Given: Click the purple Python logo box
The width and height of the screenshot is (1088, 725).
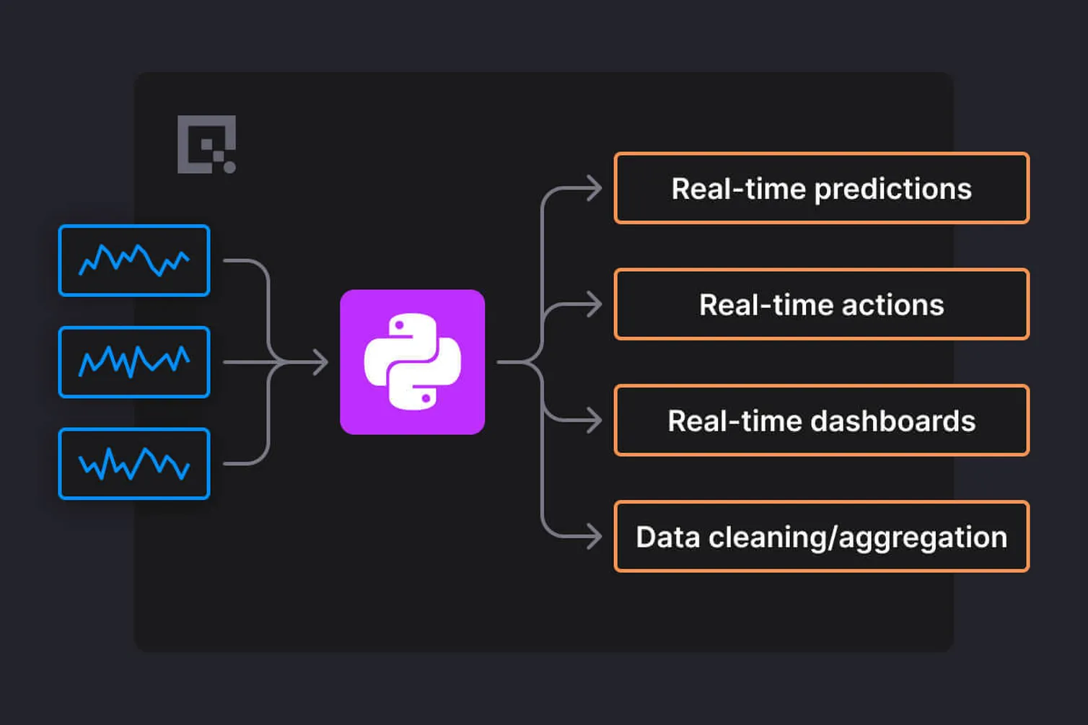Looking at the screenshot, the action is tap(413, 361).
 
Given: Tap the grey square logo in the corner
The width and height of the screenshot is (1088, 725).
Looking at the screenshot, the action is tap(207, 144).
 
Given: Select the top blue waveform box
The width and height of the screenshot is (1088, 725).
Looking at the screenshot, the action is tap(134, 260).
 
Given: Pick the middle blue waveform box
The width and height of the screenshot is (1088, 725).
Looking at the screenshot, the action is tap(134, 361).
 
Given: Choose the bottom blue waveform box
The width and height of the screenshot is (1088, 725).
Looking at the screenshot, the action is tap(134, 464).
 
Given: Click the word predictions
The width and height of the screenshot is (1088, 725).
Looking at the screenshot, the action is tap(893, 190).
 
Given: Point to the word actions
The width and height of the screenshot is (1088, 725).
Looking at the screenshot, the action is tap(892, 305).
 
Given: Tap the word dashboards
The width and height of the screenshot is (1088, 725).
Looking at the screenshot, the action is tap(893, 421).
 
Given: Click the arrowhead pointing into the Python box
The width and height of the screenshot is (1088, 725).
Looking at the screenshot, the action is tap(320, 361).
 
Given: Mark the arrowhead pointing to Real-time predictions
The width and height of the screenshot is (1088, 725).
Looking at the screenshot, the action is tap(594, 188).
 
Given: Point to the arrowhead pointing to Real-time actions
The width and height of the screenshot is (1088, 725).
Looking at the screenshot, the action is tap(594, 304).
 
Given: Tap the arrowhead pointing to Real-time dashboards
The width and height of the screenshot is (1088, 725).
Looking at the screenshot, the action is tap(594, 420).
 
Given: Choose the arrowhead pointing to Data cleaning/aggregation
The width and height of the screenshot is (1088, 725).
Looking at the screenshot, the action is tap(594, 537).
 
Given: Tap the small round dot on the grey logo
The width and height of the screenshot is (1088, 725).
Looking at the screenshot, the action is tap(229, 167).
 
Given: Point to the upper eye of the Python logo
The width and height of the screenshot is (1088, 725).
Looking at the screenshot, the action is tap(399, 325).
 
